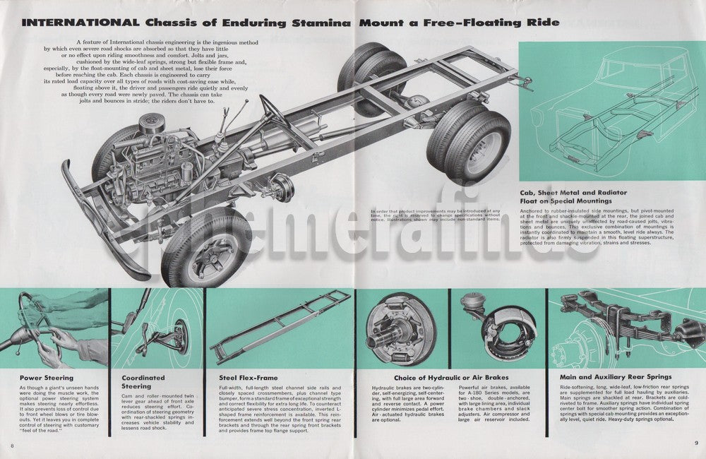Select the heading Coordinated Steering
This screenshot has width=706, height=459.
tap(143, 381)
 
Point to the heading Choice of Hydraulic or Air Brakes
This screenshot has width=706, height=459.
tap(434, 377)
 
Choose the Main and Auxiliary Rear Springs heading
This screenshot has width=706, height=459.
tap(616, 377)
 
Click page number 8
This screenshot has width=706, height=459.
tap(13, 445)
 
